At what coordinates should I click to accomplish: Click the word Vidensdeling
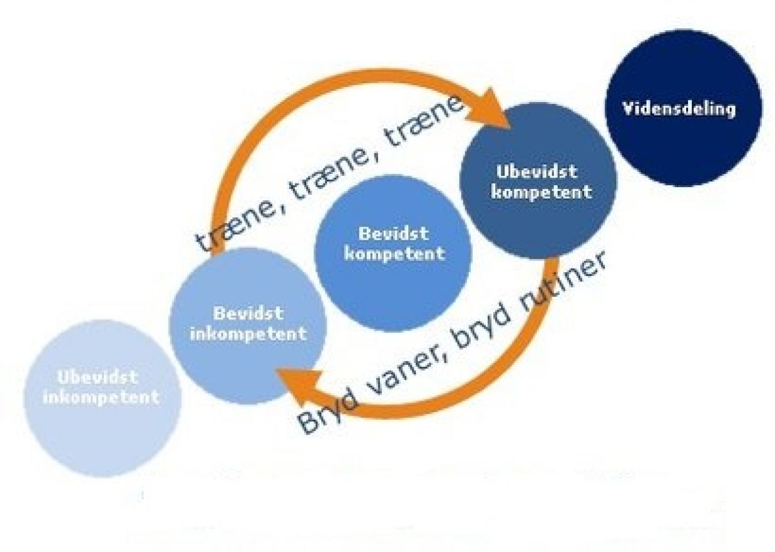pyautogui.click(x=679, y=109)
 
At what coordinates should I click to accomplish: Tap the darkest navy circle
pyautogui.click(x=684, y=108)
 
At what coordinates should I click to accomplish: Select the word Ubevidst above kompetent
pyautogui.click(x=537, y=172)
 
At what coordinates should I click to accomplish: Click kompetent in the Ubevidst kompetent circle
pyautogui.click(x=541, y=193)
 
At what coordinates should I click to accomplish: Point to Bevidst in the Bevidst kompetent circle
pyautogui.click(x=394, y=234)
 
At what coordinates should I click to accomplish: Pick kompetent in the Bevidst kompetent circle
pyautogui.click(x=395, y=255)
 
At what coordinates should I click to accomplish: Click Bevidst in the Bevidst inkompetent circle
pyautogui.click(x=249, y=314)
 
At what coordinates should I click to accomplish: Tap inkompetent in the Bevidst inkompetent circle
pyautogui.click(x=249, y=334)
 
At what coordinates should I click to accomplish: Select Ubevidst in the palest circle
pyautogui.click(x=98, y=377)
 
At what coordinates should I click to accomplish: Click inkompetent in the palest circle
pyautogui.click(x=101, y=397)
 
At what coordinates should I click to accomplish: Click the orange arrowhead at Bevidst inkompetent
pyautogui.click(x=297, y=385)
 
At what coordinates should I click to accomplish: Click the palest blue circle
pyautogui.click(x=103, y=399)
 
